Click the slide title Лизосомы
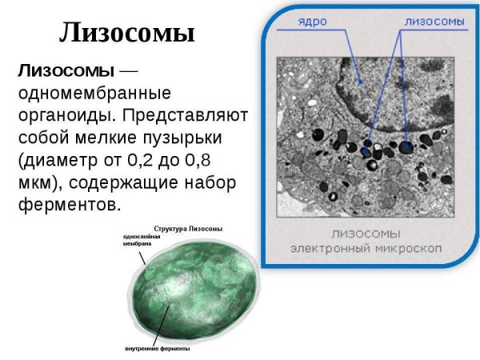(x=128, y=34)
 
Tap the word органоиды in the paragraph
(x=63, y=116)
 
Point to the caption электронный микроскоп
(x=366, y=249)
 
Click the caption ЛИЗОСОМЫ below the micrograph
(x=366, y=234)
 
